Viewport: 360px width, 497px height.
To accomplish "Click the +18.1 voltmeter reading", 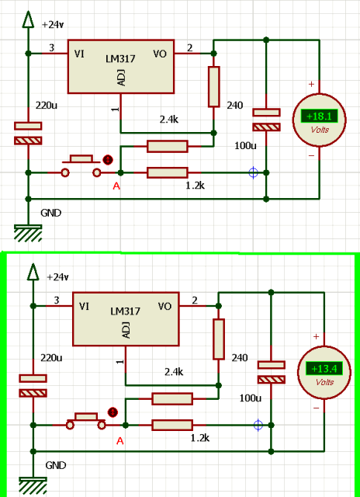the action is coord(319,116).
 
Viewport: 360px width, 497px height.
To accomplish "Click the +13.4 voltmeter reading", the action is coord(324,369).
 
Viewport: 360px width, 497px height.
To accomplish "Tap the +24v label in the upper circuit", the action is coord(53,24).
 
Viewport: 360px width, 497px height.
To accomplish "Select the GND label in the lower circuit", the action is coord(56,465).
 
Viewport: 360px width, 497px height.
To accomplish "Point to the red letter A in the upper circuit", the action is coord(116,186).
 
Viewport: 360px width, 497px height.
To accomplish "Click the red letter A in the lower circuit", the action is coord(119,440).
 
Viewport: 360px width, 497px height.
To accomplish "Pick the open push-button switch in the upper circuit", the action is coord(81,165).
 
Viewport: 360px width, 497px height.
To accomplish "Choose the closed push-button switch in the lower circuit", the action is coord(85,421).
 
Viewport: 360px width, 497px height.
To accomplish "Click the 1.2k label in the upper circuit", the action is coord(195,186).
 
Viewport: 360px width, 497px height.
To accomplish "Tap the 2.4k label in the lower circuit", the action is coord(174,371).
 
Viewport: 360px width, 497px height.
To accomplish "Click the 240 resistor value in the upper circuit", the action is coord(235,106).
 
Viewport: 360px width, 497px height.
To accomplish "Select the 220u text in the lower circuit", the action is coord(51,358).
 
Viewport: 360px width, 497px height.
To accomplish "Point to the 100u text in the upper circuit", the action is coord(245,146).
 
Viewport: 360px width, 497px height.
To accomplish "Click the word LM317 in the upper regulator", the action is coord(123,59).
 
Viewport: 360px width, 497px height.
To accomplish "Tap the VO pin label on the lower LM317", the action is coord(164,306).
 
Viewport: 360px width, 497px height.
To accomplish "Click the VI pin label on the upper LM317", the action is coord(79,54).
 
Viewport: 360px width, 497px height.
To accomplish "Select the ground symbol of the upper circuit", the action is coord(28,233).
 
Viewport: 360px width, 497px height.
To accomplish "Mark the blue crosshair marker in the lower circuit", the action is coord(258,425).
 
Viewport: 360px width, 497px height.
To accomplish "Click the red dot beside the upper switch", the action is coord(108,160).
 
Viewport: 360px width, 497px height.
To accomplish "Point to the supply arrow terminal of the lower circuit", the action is coord(33,272).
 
